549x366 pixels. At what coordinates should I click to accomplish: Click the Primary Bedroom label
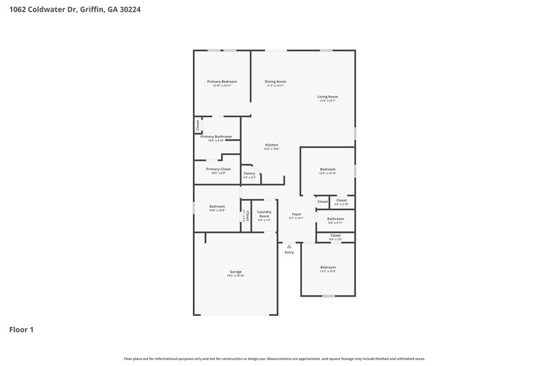tap(222, 82)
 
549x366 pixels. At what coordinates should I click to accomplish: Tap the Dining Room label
tap(274, 82)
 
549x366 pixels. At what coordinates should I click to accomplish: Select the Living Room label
tap(327, 97)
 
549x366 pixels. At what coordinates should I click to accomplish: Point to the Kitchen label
tap(272, 145)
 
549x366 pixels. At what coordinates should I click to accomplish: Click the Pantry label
tap(250, 173)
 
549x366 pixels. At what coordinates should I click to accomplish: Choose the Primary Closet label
tap(218, 169)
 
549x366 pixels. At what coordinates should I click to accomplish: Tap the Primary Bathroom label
tap(216, 137)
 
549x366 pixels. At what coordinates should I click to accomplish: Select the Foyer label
tap(296, 214)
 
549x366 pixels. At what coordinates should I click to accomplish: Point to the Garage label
tap(235, 272)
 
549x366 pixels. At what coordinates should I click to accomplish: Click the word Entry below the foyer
tap(289, 253)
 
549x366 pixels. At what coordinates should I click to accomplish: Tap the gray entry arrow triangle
tap(289, 245)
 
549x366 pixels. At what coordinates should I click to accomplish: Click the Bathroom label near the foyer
tap(336, 219)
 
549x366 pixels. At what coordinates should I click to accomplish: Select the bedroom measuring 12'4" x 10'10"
tap(327, 169)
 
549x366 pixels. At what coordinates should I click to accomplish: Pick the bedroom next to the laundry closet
tap(217, 207)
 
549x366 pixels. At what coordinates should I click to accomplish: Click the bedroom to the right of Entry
tap(327, 267)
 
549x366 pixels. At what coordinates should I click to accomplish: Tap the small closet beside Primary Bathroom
tap(198, 126)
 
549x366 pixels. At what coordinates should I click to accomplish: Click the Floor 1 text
tap(21, 330)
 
